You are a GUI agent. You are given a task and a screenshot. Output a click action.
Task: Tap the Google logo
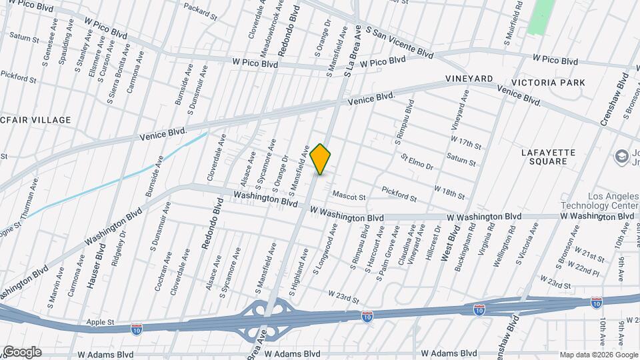(21, 352)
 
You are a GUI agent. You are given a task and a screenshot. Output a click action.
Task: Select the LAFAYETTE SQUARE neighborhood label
(548, 157)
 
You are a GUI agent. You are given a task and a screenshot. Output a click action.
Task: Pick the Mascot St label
(350, 197)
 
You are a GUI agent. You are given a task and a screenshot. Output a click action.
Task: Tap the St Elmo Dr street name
(417, 162)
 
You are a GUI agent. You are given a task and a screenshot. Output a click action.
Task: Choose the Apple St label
(101, 322)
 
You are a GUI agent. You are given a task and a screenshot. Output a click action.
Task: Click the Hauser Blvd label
(93, 266)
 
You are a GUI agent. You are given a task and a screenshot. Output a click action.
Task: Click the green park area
(541, 17)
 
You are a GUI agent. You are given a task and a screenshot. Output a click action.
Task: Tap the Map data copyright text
(597, 355)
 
